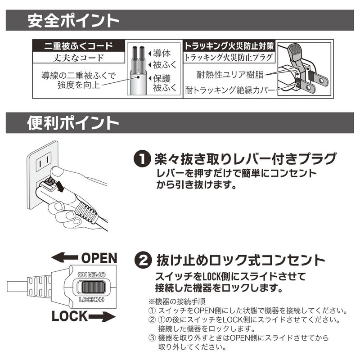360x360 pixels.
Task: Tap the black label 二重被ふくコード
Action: click(x=79, y=46)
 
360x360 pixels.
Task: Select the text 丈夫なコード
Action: click(x=79, y=58)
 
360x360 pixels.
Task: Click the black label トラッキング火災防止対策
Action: click(x=229, y=46)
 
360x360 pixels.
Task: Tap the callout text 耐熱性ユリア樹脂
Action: click(x=230, y=74)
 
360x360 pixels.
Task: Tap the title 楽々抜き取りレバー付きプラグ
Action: click(x=245, y=159)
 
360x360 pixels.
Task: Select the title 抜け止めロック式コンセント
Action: click(x=240, y=261)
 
